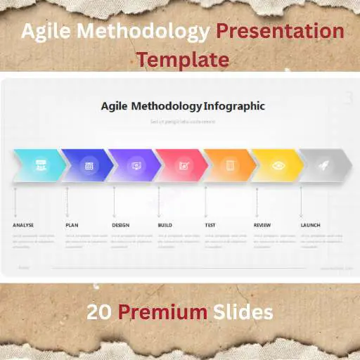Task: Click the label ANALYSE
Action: [x=23, y=225]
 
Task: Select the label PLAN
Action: [x=72, y=225]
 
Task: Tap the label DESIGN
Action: [x=121, y=225]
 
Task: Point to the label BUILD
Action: [x=165, y=225]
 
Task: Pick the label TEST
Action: [x=210, y=225]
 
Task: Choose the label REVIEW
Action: [x=262, y=225]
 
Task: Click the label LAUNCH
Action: [x=310, y=225]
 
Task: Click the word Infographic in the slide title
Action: [x=234, y=107]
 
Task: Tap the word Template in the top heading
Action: [x=183, y=59]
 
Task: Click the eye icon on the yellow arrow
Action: [x=278, y=166]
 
